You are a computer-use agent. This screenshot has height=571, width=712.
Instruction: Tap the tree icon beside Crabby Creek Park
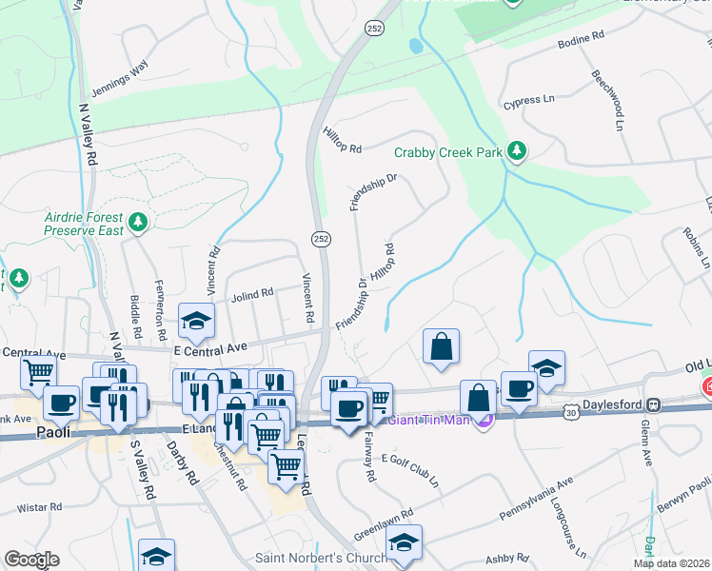pos(517,150)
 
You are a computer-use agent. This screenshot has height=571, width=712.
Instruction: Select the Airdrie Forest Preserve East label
pos(86,223)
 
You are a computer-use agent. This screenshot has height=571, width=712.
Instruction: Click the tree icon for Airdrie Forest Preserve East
pos(139,222)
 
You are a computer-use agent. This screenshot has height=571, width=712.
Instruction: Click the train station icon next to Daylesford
pos(653,404)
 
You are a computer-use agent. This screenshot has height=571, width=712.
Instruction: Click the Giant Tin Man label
pos(428,416)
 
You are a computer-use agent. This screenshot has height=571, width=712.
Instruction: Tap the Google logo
pos(31,560)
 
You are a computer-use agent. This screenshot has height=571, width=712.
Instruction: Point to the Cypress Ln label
pos(529,99)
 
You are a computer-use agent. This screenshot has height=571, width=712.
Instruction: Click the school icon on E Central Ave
pos(197,322)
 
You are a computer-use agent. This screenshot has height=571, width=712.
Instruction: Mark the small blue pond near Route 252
pos(415,45)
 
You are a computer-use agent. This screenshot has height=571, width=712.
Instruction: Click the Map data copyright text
pos(671,562)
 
